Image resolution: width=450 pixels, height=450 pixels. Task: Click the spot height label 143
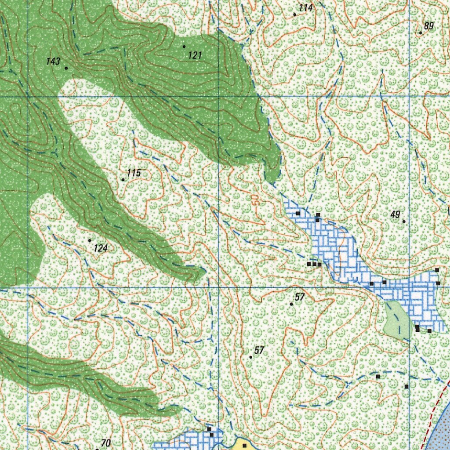point(53,62)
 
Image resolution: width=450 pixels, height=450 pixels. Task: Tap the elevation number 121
point(195,55)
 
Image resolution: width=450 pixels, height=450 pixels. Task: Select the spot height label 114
point(305,8)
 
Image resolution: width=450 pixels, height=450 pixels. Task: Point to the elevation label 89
point(429,26)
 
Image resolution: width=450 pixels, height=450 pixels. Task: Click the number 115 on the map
point(134,173)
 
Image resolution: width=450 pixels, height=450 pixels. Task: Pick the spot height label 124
point(101,248)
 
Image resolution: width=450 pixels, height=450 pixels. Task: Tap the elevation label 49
point(395,214)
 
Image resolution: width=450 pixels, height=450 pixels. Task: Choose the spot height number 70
point(105,443)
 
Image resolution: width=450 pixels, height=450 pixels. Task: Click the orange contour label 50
point(256,200)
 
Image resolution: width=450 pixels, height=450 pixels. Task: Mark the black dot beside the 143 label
point(66,68)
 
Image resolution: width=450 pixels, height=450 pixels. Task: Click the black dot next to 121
point(184,46)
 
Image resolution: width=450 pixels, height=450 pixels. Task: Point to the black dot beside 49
point(404,221)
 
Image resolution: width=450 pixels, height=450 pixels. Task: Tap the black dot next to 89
point(421,33)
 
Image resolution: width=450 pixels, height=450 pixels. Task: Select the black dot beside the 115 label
point(123,180)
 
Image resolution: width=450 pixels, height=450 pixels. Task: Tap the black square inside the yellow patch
point(245,446)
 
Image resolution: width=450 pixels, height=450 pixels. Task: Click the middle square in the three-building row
point(314,264)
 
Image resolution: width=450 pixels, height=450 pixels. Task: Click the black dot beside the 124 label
point(90,240)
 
